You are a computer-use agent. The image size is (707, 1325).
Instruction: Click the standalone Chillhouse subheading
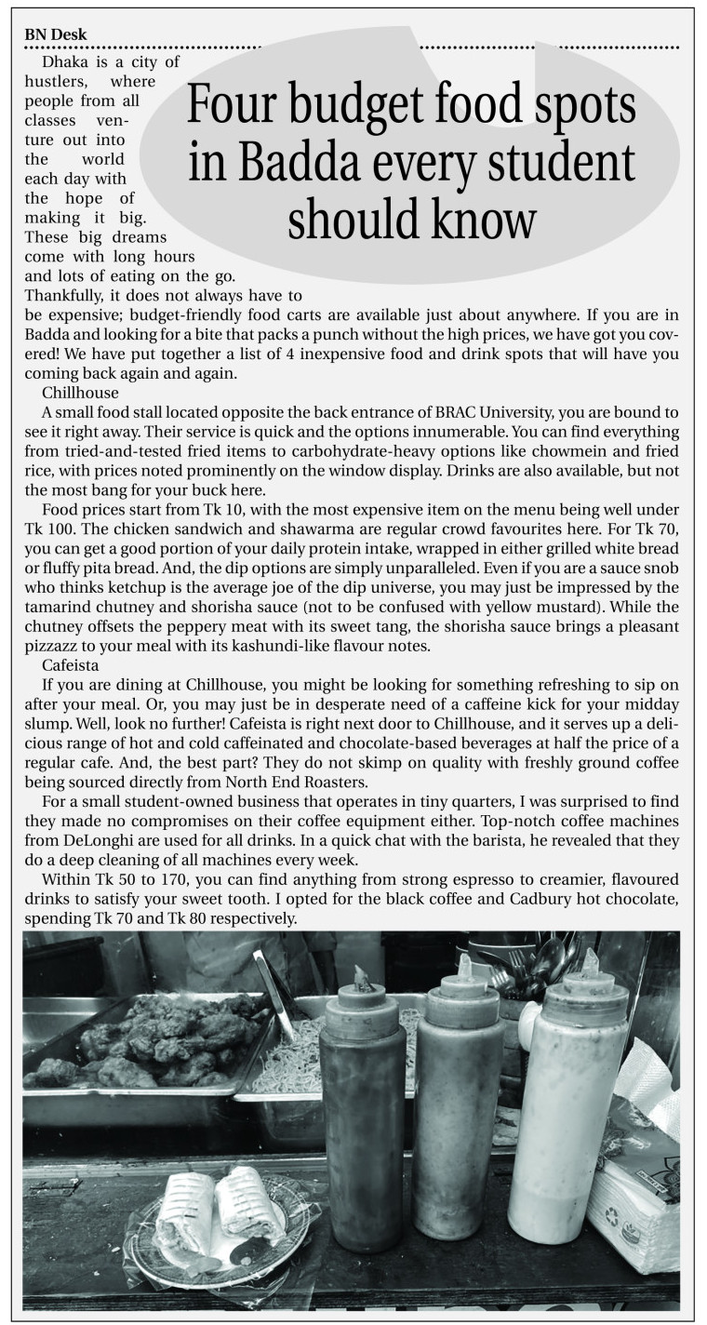80,394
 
